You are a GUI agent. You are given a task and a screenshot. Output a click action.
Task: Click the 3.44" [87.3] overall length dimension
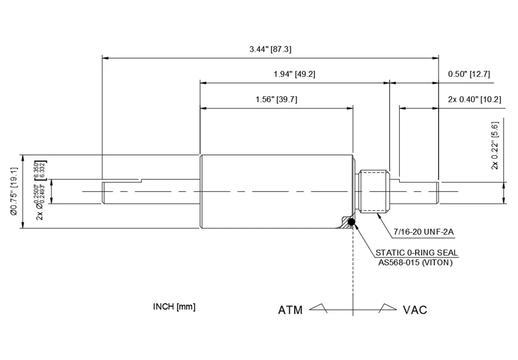[x=270, y=49]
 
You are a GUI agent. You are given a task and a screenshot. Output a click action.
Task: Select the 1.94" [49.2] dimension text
[x=295, y=74]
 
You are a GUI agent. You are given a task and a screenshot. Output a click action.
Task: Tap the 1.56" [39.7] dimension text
[x=276, y=99]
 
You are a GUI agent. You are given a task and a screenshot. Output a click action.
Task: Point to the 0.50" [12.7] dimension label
[x=469, y=74]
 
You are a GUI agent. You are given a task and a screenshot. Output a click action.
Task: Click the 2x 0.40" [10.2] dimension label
[x=474, y=99]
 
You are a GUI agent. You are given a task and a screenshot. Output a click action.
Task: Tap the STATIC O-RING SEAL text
[x=416, y=252]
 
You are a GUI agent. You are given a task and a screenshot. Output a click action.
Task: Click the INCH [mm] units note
[x=174, y=306]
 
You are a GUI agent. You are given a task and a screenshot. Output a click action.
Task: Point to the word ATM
[x=290, y=310]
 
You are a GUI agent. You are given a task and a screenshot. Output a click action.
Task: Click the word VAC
[x=415, y=310]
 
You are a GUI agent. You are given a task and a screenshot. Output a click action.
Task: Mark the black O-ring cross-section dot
[x=352, y=223]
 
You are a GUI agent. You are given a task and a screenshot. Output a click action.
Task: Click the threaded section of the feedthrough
[x=375, y=191]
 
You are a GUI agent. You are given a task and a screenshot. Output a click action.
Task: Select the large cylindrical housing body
[x=276, y=191]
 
